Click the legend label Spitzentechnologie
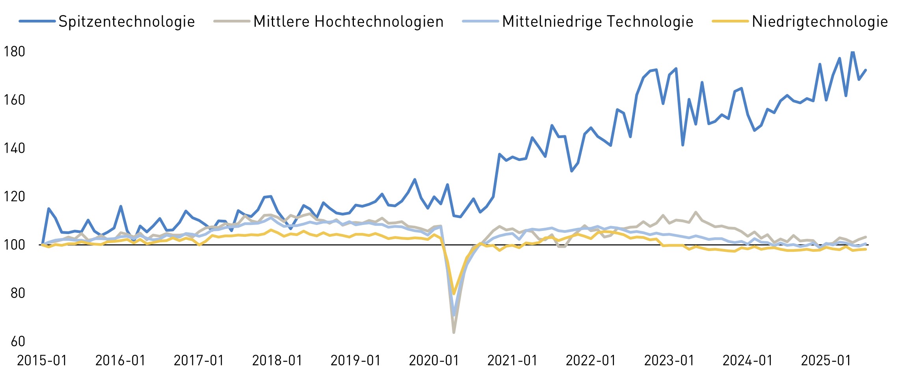coord(126,21)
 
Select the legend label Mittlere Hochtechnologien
coord(348,21)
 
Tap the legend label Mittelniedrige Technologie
coord(597,21)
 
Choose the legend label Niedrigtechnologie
coord(820,21)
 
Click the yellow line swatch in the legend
coord(730,21)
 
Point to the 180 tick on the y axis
coord(14,52)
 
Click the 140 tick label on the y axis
coord(14,148)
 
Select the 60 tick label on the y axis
coord(18,341)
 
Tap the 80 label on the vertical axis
coord(18,293)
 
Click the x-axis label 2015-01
coord(42,360)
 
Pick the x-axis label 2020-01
coord(434,360)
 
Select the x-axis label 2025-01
coord(826,360)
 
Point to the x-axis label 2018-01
coord(277,360)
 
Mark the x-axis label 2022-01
coord(591,360)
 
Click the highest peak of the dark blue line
coord(853,52)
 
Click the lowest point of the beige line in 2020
coord(454,332)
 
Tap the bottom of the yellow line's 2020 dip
coord(454,294)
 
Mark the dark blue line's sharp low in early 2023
coord(683,145)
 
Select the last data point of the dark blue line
coord(866,70)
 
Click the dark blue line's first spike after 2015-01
coord(48,208)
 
